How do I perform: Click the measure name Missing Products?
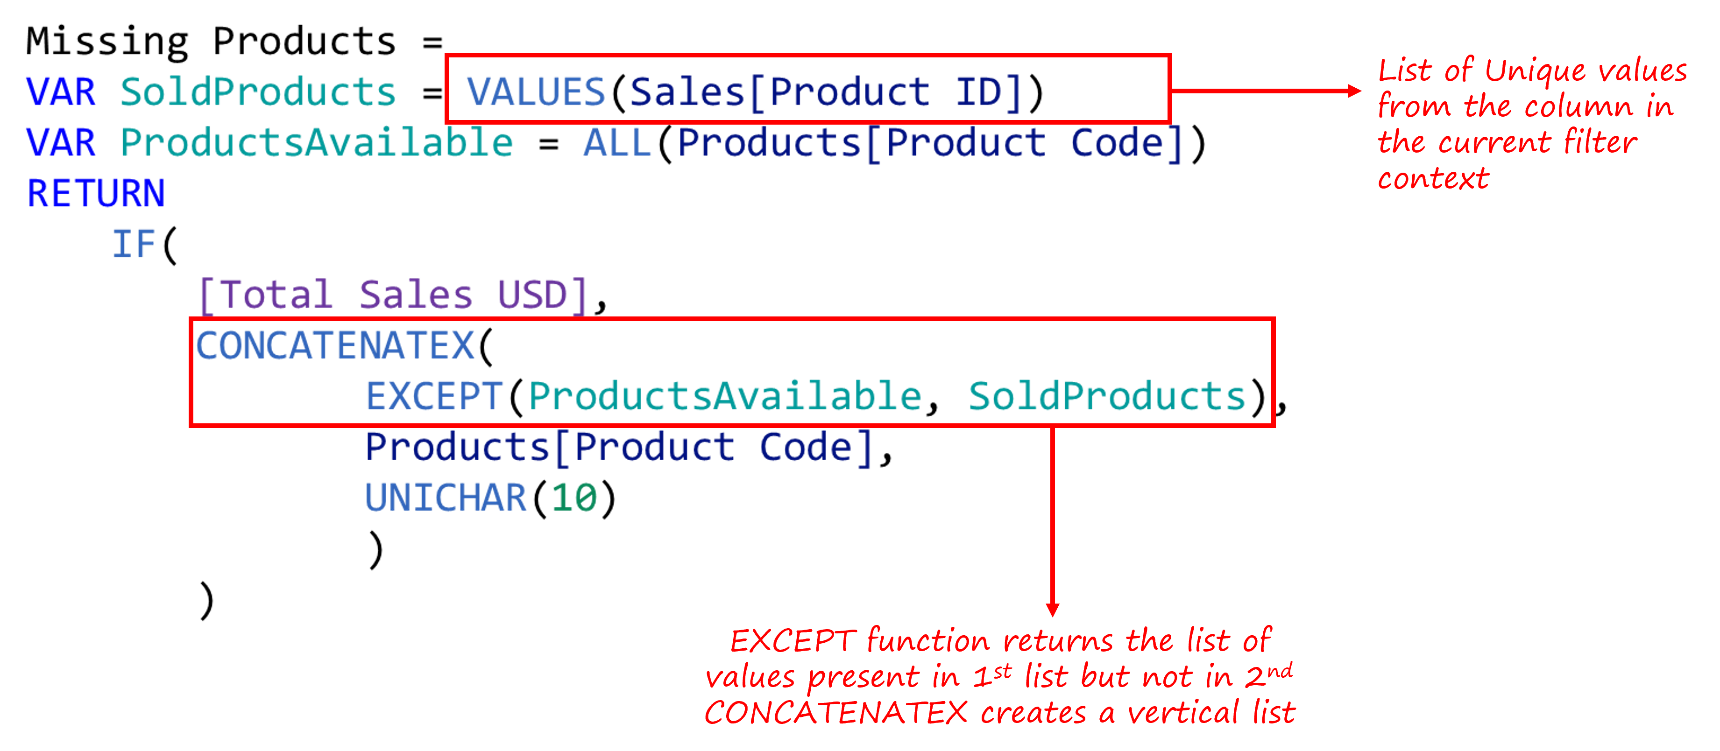(211, 42)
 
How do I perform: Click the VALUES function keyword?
(536, 91)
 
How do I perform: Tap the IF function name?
(134, 244)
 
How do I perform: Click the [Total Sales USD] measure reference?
(394, 295)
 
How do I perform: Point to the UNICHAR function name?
(446, 498)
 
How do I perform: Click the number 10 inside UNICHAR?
(574, 498)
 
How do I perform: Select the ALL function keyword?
(618, 142)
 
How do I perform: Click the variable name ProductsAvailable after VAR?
(317, 142)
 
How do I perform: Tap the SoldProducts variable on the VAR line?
(258, 91)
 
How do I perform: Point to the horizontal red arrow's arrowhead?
(1354, 91)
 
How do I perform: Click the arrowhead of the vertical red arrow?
(1053, 610)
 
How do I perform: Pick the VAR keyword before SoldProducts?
(61, 91)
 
